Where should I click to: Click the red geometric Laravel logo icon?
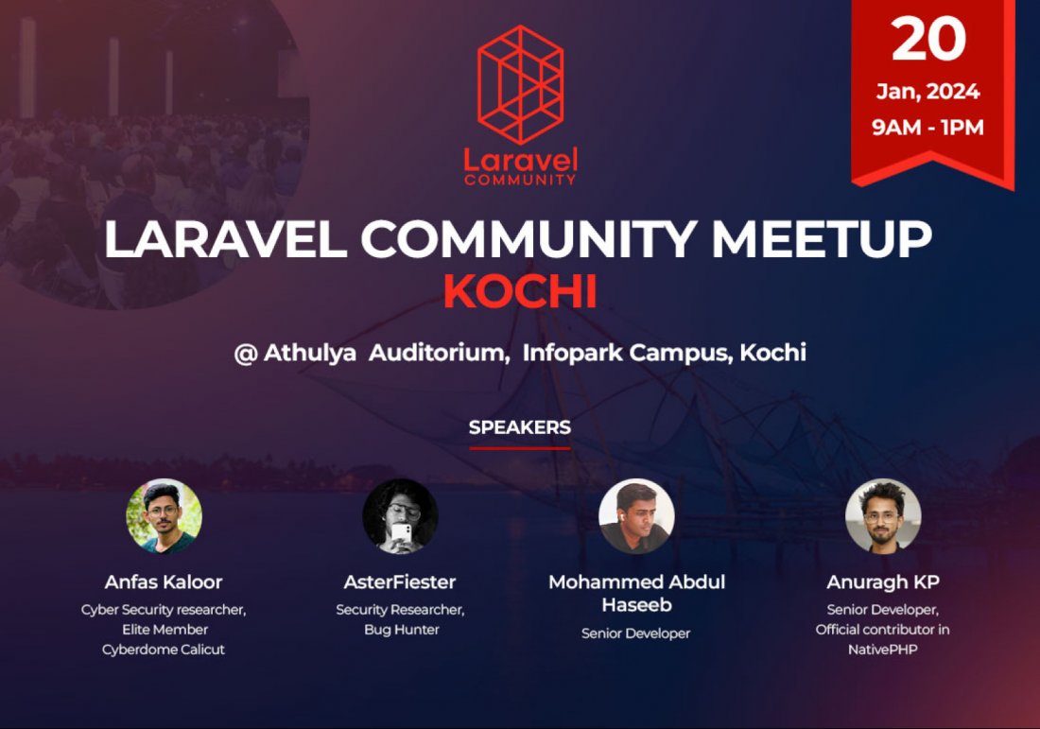point(520,85)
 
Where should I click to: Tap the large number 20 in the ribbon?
point(928,40)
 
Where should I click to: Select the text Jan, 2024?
point(927,93)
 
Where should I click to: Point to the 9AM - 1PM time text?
point(927,127)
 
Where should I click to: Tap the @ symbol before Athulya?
point(245,354)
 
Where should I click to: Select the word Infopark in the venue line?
point(571,354)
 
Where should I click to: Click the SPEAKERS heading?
point(520,427)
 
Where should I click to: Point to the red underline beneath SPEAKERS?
point(520,447)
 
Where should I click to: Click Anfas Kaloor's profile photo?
point(164,516)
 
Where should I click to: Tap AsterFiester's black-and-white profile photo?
point(400,516)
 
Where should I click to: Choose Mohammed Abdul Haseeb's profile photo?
point(636,516)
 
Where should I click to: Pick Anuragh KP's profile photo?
point(883,516)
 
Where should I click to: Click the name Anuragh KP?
point(883,581)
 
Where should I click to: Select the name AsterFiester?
point(400,581)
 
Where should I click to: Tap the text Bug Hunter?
point(402,630)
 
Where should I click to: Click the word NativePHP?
point(882,650)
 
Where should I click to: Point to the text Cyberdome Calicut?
point(164,650)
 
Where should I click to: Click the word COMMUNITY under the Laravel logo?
point(520,178)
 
